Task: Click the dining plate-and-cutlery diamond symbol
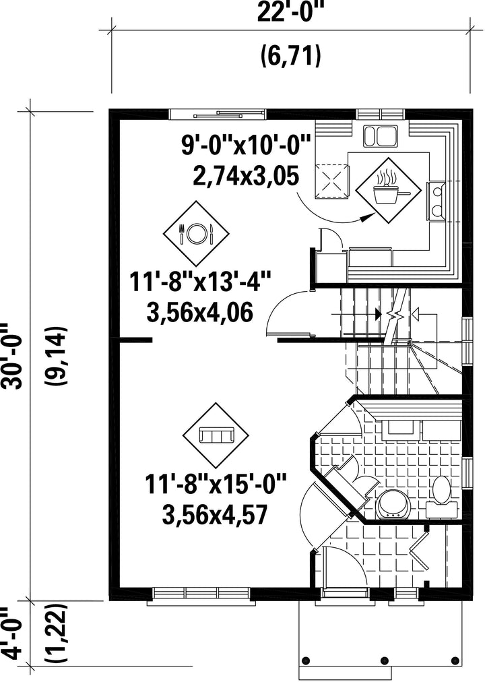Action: point(196,234)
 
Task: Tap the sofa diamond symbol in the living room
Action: point(216,435)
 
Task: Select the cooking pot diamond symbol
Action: point(389,191)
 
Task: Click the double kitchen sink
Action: point(381,136)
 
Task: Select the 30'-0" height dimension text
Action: point(11,356)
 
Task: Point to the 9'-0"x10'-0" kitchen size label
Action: point(247,145)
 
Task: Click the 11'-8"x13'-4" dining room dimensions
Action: point(200,282)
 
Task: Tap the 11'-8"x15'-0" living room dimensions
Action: point(216,484)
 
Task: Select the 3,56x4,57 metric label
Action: point(214,515)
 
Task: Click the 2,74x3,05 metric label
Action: point(247,175)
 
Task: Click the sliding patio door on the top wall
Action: point(218,115)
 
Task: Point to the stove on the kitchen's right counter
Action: point(437,201)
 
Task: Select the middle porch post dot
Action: point(385,660)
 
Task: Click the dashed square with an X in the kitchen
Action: point(332,181)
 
